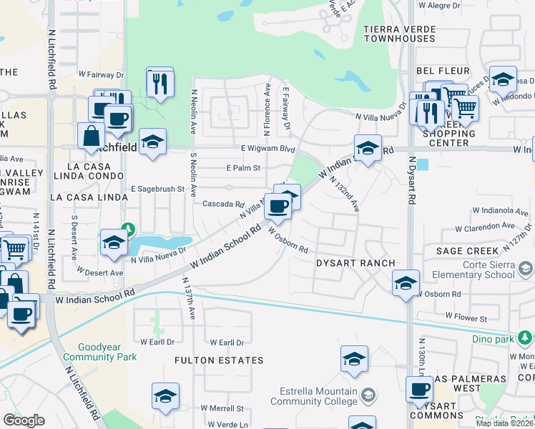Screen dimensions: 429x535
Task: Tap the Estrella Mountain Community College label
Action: point(318,396)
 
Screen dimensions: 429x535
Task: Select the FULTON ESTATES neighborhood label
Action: point(218,360)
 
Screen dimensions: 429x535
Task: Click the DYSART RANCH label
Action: point(355,263)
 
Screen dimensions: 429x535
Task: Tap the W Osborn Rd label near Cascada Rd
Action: point(288,240)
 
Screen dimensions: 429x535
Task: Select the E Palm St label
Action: point(242,168)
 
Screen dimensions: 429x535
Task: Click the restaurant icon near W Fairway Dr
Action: point(160,82)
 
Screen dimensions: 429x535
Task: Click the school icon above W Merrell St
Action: point(165,397)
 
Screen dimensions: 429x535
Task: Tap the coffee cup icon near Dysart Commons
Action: point(419,390)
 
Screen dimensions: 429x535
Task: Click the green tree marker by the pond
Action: point(127,230)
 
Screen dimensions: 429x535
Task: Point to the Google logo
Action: point(24,420)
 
